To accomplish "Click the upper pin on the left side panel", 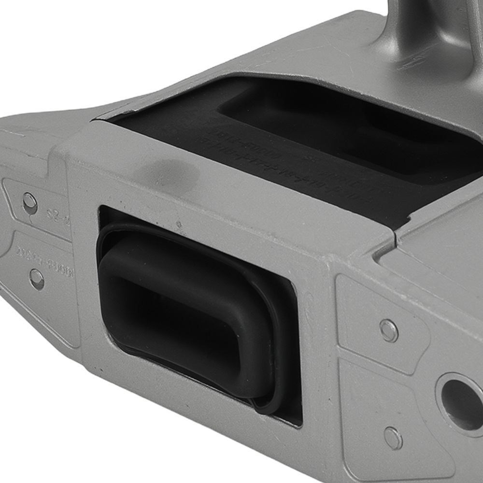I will click(30, 203).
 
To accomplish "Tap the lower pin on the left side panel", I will click(37, 279).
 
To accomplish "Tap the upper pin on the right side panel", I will click(389, 330).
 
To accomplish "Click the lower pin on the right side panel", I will click(393, 438).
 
